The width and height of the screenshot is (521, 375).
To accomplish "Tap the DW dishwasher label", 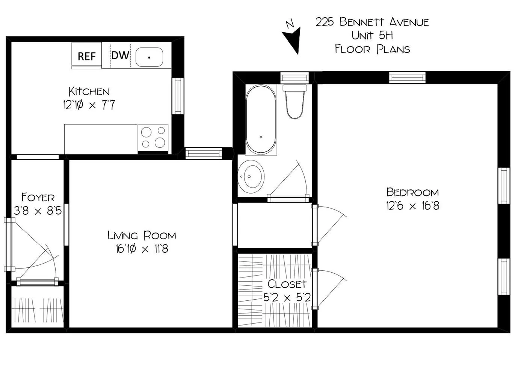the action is tap(120, 55).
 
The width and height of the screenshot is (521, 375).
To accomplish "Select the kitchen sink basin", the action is tap(149, 57).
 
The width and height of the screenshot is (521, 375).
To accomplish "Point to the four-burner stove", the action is tap(153, 138).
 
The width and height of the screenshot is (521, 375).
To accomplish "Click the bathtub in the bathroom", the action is tap(261, 119).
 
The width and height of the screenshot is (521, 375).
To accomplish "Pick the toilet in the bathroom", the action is tap(295, 102).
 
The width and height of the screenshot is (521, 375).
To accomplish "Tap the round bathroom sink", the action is tap(251, 177).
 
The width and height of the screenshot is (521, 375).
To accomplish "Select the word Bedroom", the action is tap(412, 192).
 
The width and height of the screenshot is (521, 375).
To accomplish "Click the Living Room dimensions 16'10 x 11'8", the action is tap(142, 249).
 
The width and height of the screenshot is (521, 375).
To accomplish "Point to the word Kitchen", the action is tap(89, 91).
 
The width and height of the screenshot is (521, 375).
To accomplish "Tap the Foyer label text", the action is tap(38, 197).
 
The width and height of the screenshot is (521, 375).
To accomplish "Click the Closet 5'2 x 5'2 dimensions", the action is tap(287, 297).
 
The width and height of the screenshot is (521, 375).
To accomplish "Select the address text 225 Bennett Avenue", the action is tap(372, 22).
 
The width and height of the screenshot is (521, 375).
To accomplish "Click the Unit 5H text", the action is tap(372, 36).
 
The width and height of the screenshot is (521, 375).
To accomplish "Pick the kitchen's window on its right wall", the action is tap(178, 96).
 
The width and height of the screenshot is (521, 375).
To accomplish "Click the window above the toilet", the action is tap(294, 78).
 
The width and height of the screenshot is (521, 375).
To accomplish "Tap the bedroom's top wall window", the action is tap(407, 77).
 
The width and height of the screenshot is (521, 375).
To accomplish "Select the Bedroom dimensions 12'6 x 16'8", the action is tap(412, 206).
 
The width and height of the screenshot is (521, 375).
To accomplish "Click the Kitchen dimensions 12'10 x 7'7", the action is tap(89, 105).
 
